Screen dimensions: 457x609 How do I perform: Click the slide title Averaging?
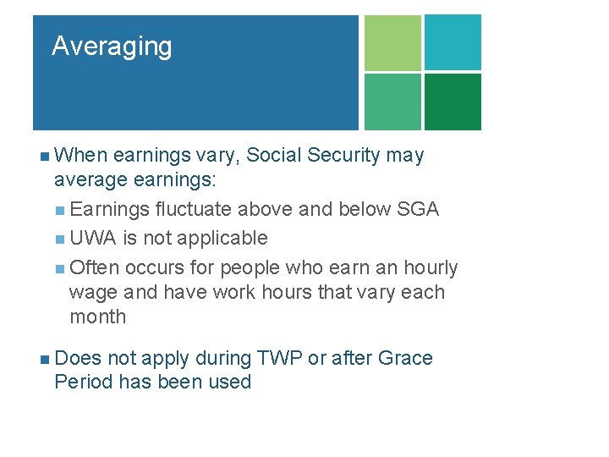[x=112, y=46]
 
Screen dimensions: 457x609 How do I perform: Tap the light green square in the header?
[x=392, y=42]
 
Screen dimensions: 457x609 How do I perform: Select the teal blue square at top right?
[x=453, y=42]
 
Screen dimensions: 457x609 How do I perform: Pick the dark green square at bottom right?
[x=453, y=102]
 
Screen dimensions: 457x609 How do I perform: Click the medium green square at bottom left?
[x=392, y=102]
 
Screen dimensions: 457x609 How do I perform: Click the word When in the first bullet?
[x=80, y=156]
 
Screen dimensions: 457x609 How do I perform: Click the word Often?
[x=95, y=268]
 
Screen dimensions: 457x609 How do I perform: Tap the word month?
[x=97, y=317]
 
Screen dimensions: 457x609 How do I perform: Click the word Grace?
[x=403, y=359]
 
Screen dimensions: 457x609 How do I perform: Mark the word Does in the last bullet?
[x=77, y=359]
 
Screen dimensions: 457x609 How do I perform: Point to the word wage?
[x=93, y=293]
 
